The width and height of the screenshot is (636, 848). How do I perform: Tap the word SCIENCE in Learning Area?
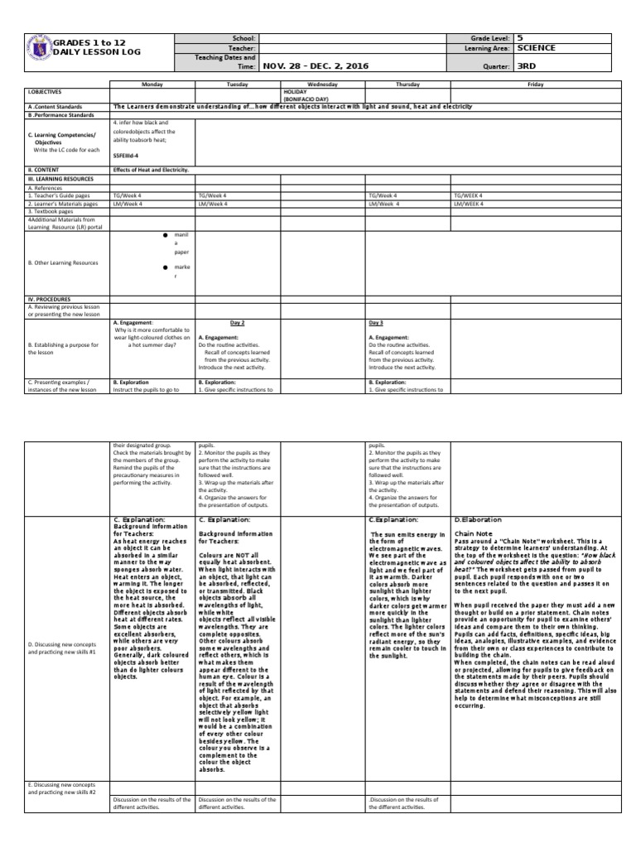pyautogui.click(x=536, y=49)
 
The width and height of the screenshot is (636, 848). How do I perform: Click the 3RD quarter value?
pyautogui.click(x=527, y=66)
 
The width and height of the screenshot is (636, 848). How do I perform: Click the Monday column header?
pyautogui.click(x=152, y=84)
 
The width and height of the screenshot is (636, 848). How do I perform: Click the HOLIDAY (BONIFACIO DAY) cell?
pyautogui.click(x=307, y=95)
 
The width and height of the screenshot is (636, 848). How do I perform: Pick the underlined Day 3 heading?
pyautogui.click(x=376, y=322)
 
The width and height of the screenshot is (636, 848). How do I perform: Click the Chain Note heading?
pyautogui.click(x=474, y=534)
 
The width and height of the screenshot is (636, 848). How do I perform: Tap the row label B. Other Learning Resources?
pyautogui.click(x=63, y=263)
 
